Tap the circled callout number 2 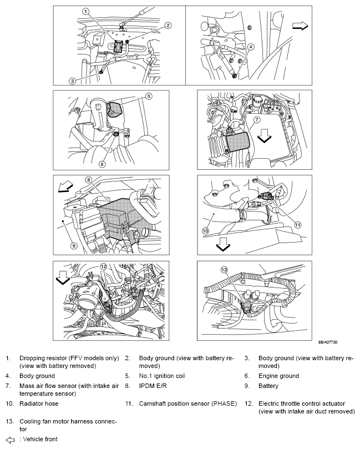click(168, 25)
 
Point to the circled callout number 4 click(251, 47)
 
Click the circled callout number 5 click(149, 96)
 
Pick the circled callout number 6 click(103, 164)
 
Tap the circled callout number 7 click(257, 119)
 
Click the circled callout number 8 click(88, 179)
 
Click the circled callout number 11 click(297, 225)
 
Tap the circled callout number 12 click(103, 266)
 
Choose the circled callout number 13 click(224, 269)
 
